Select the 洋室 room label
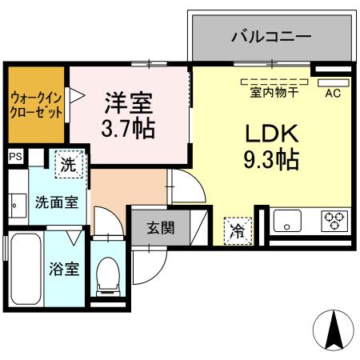tap(129, 102)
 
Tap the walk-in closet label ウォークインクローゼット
tap(37, 105)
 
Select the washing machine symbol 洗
tap(69, 166)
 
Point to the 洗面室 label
tap(56, 202)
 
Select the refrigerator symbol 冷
tap(238, 230)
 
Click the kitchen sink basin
tap(289, 220)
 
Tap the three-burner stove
tap(333, 219)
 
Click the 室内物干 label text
tap(273, 92)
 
